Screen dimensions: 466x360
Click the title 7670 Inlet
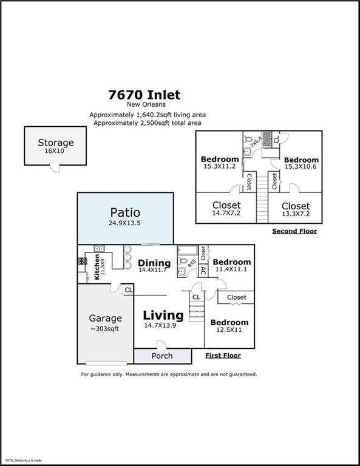[144, 95]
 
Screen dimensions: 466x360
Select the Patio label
[125, 213]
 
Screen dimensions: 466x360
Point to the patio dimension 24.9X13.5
[125, 223]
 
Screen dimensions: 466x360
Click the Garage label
[105, 318]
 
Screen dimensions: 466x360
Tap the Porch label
[161, 356]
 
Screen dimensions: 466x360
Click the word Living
[163, 316]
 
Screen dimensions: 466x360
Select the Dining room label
[154, 263]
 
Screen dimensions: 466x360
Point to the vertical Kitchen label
[96, 265]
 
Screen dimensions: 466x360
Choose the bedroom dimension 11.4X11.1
[231, 269]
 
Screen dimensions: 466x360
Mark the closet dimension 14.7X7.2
[226, 214]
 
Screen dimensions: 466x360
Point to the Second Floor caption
[294, 231]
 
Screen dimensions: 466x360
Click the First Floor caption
[223, 356]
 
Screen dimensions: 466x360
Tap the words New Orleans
[144, 104]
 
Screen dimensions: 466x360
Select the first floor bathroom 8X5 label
[192, 264]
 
